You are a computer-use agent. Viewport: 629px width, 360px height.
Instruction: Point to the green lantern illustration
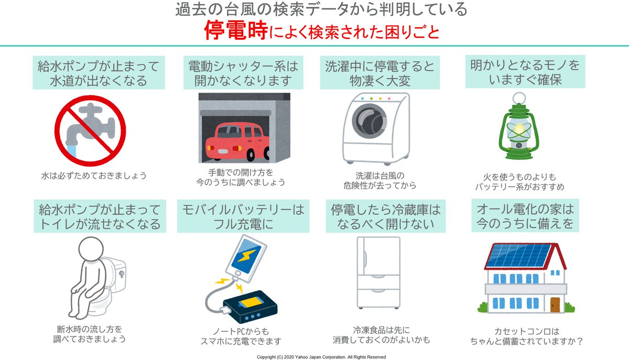tap(517, 132)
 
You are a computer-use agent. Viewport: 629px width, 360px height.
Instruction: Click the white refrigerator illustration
tap(378, 272)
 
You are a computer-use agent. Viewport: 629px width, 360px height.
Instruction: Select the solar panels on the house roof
tap(517, 255)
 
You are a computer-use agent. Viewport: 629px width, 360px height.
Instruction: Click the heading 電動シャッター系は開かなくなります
tap(243, 73)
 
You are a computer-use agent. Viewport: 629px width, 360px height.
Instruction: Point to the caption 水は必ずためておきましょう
tap(94, 175)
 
